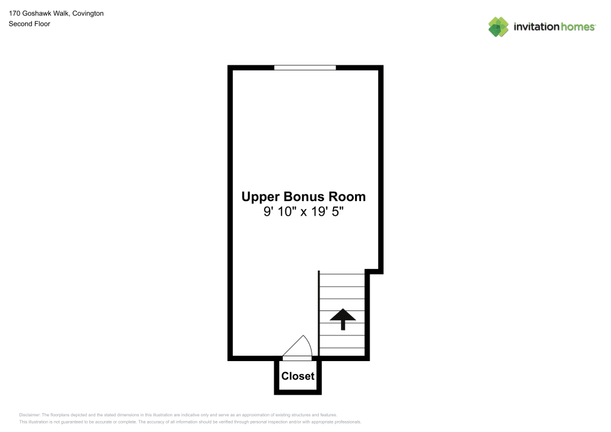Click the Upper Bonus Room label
coord(304,197)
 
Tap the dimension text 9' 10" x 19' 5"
coord(304,211)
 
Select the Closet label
coord(298,376)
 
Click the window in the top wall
coord(305,68)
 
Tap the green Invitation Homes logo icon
coord(499,27)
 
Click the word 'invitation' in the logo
coord(536,27)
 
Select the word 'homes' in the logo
coord(578,27)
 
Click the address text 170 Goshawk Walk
coord(38,13)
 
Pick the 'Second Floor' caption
coord(29,24)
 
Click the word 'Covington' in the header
coord(88,13)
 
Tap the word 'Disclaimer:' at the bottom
coord(29,415)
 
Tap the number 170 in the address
coord(15,13)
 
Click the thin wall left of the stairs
coord(319,313)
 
